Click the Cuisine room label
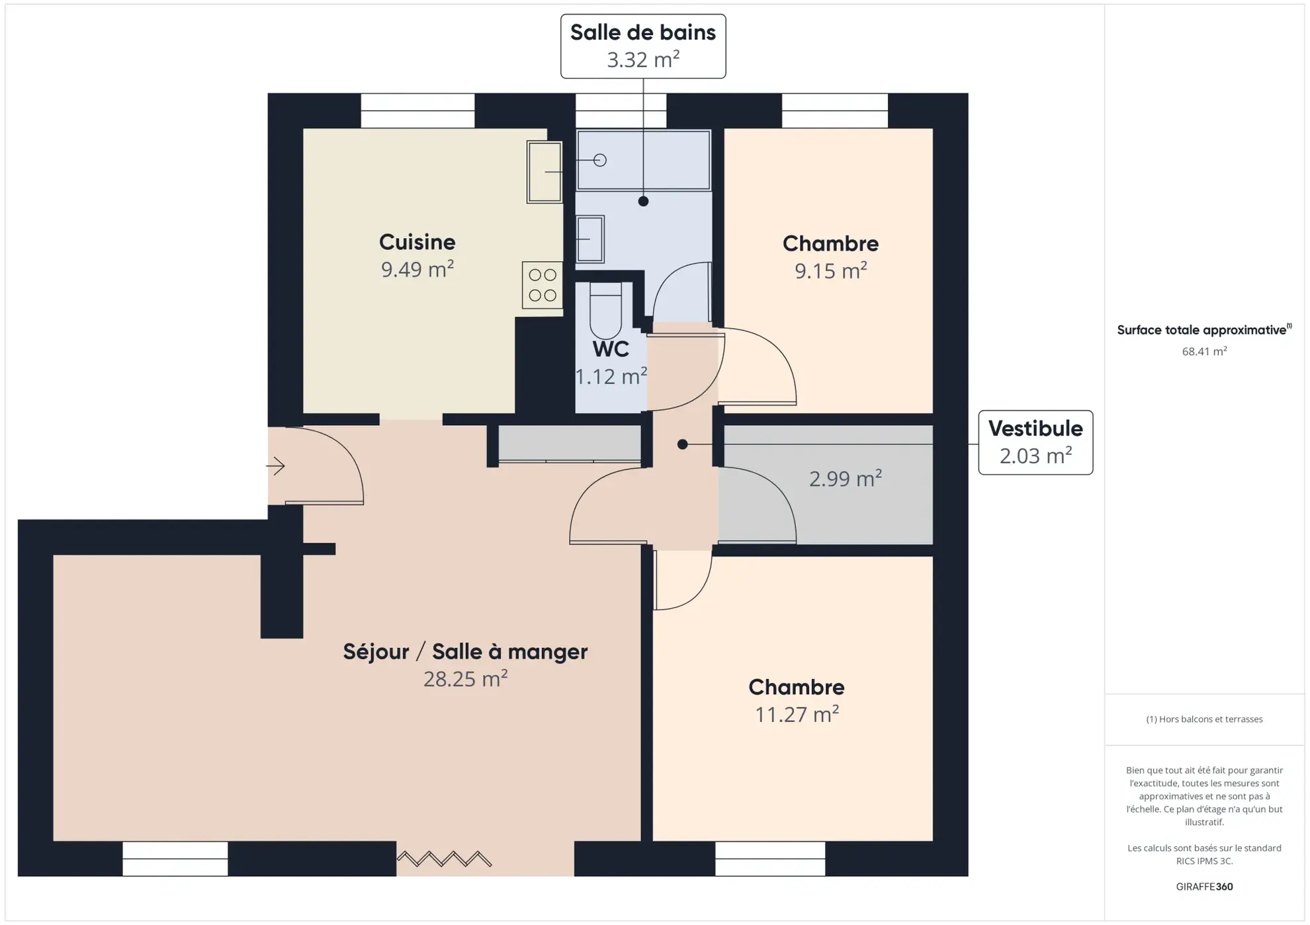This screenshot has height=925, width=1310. coord(417,242)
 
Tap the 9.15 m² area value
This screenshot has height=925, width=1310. coord(830,270)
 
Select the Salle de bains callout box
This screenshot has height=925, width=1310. coord(642,46)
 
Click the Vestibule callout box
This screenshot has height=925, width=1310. coord(1035,442)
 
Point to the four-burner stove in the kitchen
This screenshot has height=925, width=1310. coord(542,285)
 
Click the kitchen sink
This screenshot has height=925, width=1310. coord(544,172)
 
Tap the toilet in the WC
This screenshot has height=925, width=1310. coord(605,311)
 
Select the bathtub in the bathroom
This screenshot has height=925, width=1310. coord(643,160)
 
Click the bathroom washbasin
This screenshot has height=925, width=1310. coord(589,239)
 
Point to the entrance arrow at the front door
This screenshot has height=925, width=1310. coord(276,466)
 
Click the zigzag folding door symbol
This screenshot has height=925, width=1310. coord(444,859)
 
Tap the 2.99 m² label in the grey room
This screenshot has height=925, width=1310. coord(845,478)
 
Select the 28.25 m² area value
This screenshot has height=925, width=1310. coord(465,679)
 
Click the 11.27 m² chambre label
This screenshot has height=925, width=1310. coord(796,714)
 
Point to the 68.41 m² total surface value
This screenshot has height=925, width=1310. coord(1203,351)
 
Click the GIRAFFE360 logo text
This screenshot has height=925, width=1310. coord(1203,887)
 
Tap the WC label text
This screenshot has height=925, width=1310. coord(610,349)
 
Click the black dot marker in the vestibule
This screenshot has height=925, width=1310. coord(682,444)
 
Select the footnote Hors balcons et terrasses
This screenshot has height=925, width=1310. coord(1203,719)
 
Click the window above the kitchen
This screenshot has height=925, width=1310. coord(417,110)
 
